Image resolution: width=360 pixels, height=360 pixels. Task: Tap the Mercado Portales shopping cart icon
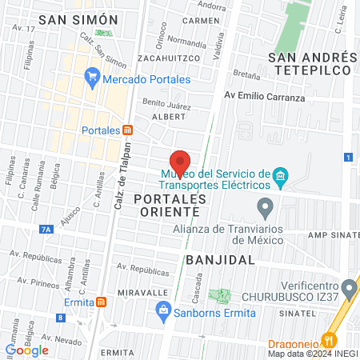click(92, 77)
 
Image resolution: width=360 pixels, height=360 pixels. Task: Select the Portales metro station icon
click(127, 130)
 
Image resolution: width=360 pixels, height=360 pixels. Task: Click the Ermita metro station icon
click(101, 302)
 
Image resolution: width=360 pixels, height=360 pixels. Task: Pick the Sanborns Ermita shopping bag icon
click(163, 311)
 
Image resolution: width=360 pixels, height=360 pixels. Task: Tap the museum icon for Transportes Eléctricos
click(280, 176)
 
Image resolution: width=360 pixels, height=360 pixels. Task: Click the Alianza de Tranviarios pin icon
click(265, 210)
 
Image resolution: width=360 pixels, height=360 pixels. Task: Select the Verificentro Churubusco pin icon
click(348, 287)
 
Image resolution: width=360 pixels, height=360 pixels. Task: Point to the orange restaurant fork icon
click(326, 338)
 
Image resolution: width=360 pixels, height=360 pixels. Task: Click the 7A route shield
click(46, 230)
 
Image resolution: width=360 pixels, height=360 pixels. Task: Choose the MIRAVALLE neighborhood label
click(142, 293)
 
